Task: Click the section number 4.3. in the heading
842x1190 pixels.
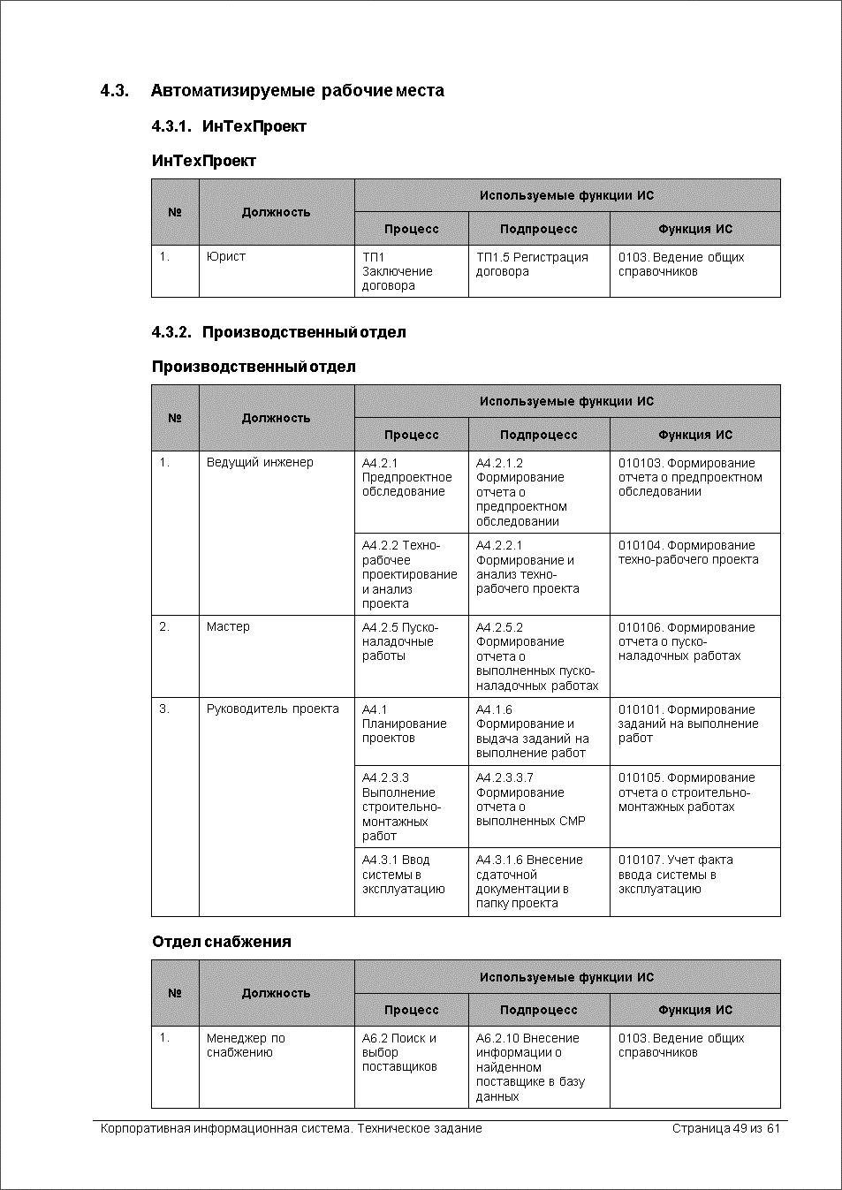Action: tap(115, 91)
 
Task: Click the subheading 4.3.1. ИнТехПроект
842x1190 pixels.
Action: tap(229, 126)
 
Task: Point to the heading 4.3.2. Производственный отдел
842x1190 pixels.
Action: tap(278, 332)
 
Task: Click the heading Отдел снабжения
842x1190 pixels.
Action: tap(221, 942)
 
